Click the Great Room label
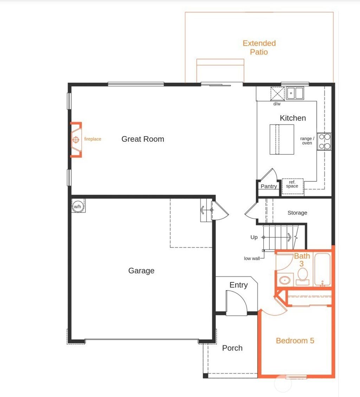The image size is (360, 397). (x=143, y=139)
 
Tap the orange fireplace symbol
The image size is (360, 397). (x=76, y=140)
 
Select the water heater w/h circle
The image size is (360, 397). (x=77, y=206)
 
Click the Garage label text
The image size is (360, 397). (x=141, y=271)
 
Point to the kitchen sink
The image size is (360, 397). (x=295, y=93)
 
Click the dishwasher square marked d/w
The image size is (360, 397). (x=277, y=94)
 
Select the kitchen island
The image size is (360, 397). (x=282, y=139)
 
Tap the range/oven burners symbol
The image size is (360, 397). (x=324, y=141)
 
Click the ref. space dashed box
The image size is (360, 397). (x=292, y=184)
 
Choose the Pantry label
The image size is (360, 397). (x=269, y=187)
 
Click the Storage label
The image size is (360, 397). (x=297, y=213)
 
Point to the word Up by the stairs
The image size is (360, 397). (x=254, y=238)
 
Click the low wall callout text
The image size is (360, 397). (x=252, y=258)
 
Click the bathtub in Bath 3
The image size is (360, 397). (x=322, y=270)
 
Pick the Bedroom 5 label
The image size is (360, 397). (x=295, y=341)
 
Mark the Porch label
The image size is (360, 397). (x=232, y=348)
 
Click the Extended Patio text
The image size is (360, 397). (x=259, y=48)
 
